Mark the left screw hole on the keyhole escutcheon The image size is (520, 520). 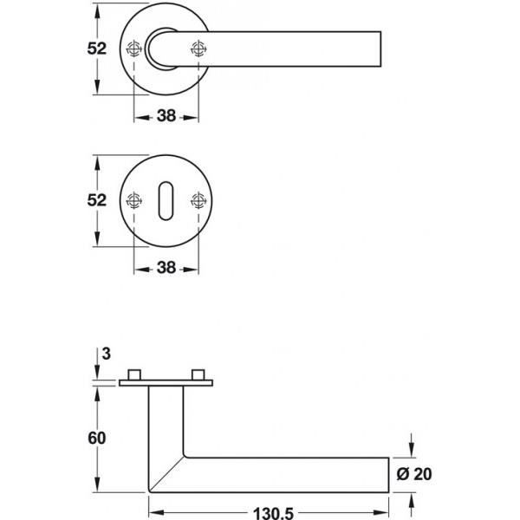(x=133, y=201)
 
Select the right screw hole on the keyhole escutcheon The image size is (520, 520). (x=199, y=201)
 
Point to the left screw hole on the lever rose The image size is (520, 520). (x=133, y=49)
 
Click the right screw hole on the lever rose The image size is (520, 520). (x=199, y=49)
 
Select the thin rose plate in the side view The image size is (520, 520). (x=166, y=384)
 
